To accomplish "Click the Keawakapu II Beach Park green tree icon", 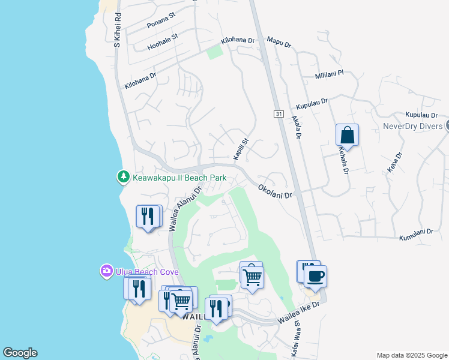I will pyautogui.click(x=123, y=177).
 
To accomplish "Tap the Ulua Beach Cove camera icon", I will pyautogui.click(x=107, y=271).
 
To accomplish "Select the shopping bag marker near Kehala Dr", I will pyautogui.click(x=347, y=135).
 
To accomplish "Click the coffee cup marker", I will pyautogui.click(x=315, y=277).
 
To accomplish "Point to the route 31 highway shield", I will pyautogui.click(x=279, y=113).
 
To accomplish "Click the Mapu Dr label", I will pyautogui.click(x=279, y=44).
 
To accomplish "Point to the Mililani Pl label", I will pyautogui.click(x=330, y=75).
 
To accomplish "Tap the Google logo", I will pyautogui.click(x=20, y=353).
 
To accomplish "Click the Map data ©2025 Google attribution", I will pyautogui.click(x=411, y=355).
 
